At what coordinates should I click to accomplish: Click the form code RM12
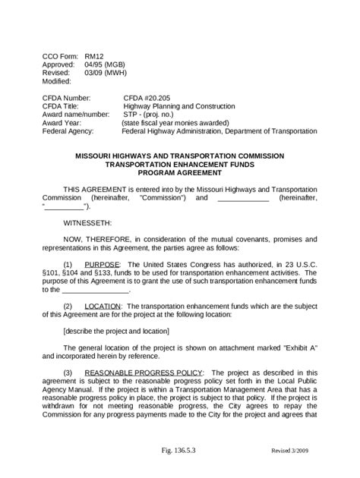93,56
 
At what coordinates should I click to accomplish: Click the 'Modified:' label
56,81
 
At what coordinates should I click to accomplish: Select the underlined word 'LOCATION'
104,306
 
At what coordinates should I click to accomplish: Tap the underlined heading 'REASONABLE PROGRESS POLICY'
143,373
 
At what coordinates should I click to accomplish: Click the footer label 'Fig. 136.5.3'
180,451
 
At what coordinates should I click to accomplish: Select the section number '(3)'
68,373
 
